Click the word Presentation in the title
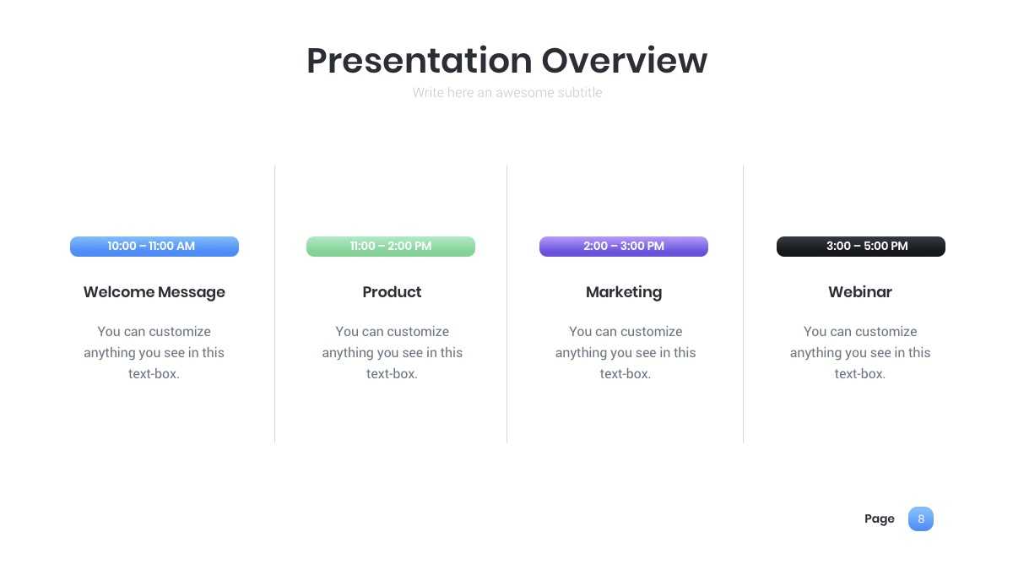coord(420,61)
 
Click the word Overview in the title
coord(625,60)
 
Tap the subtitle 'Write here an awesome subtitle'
coord(507,93)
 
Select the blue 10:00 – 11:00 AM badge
coord(154,247)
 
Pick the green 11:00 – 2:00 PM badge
coord(391,247)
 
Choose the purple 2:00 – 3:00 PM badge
coord(624,247)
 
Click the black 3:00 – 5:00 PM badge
coord(860,247)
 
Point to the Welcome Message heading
coord(154,292)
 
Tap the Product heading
coord(392,292)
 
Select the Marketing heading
coord(624,292)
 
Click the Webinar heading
coord(860,292)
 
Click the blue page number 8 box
coord(921,518)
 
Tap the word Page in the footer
coord(879,518)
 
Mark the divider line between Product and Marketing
coord(507,304)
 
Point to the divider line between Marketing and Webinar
coord(743,304)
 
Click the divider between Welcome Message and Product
coord(274,304)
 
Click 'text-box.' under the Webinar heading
coord(859,373)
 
